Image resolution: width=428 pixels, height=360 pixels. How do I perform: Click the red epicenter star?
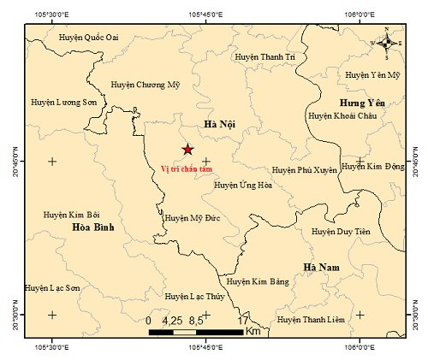(187, 150)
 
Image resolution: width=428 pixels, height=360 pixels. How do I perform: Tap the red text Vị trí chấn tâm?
(187, 168)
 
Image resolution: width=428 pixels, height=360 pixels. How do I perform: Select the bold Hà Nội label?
(219, 125)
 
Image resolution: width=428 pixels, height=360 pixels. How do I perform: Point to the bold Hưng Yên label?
(363, 103)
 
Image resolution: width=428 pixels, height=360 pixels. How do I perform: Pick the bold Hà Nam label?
(322, 268)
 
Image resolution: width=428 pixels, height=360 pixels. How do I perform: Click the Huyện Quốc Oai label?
(88, 37)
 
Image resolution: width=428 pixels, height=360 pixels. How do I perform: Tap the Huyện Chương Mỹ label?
(147, 85)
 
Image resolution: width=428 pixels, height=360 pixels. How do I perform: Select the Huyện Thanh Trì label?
(265, 56)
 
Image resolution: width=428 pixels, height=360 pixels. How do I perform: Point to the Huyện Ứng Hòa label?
(243, 184)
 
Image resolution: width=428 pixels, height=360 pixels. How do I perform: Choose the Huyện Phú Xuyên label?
(305, 170)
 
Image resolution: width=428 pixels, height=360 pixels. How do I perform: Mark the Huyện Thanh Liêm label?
(312, 320)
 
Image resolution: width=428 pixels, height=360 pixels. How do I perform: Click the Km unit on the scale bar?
(253, 330)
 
